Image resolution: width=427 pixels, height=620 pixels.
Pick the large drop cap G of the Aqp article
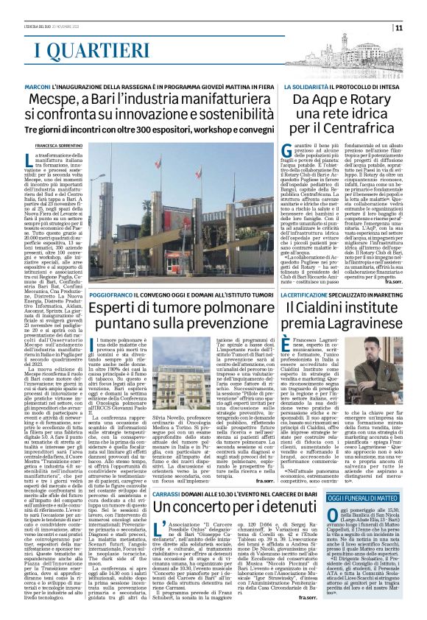286,152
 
